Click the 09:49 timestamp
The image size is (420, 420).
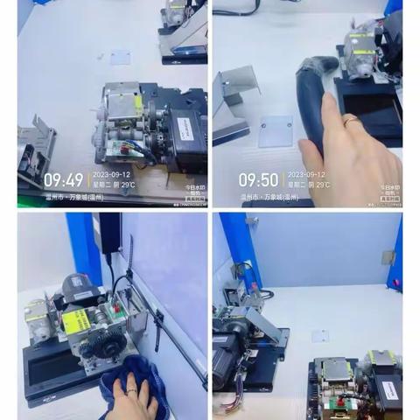tap(63, 180)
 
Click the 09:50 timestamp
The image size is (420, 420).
tap(258, 180)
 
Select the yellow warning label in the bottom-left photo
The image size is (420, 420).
tap(76, 321)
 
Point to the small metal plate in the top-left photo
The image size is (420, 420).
tap(120, 58)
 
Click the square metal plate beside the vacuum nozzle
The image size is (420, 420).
tap(276, 129)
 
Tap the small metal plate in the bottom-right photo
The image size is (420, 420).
tap(320, 336)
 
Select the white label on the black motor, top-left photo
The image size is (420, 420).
tap(185, 128)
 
